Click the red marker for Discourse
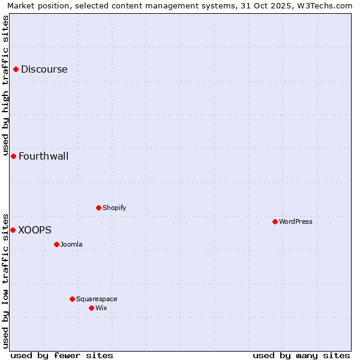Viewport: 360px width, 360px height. click(16, 69)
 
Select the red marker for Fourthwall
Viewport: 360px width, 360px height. click(13, 156)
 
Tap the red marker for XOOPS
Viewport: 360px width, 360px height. click(13, 230)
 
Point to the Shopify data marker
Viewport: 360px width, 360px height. click(98, 208)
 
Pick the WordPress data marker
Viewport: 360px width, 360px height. click(275, 221)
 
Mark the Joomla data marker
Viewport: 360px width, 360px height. click(56, 244)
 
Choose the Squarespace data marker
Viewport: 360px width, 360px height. click(72, 299)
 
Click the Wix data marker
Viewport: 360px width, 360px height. click(91, 308)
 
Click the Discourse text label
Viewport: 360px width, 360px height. click(44, 69)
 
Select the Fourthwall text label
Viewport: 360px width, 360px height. click(44, 156)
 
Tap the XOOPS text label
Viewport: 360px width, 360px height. click(35, 230)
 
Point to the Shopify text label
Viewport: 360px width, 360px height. click(114, 208)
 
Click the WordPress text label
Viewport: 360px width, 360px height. click(296, 221)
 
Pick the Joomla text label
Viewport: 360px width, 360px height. click(71, 244)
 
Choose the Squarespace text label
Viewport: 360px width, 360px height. click(97, 299)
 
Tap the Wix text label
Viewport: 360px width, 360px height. click(101, 308)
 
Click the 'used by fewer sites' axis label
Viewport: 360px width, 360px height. click(62, 355)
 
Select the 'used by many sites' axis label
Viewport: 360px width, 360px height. click(301, 355)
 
